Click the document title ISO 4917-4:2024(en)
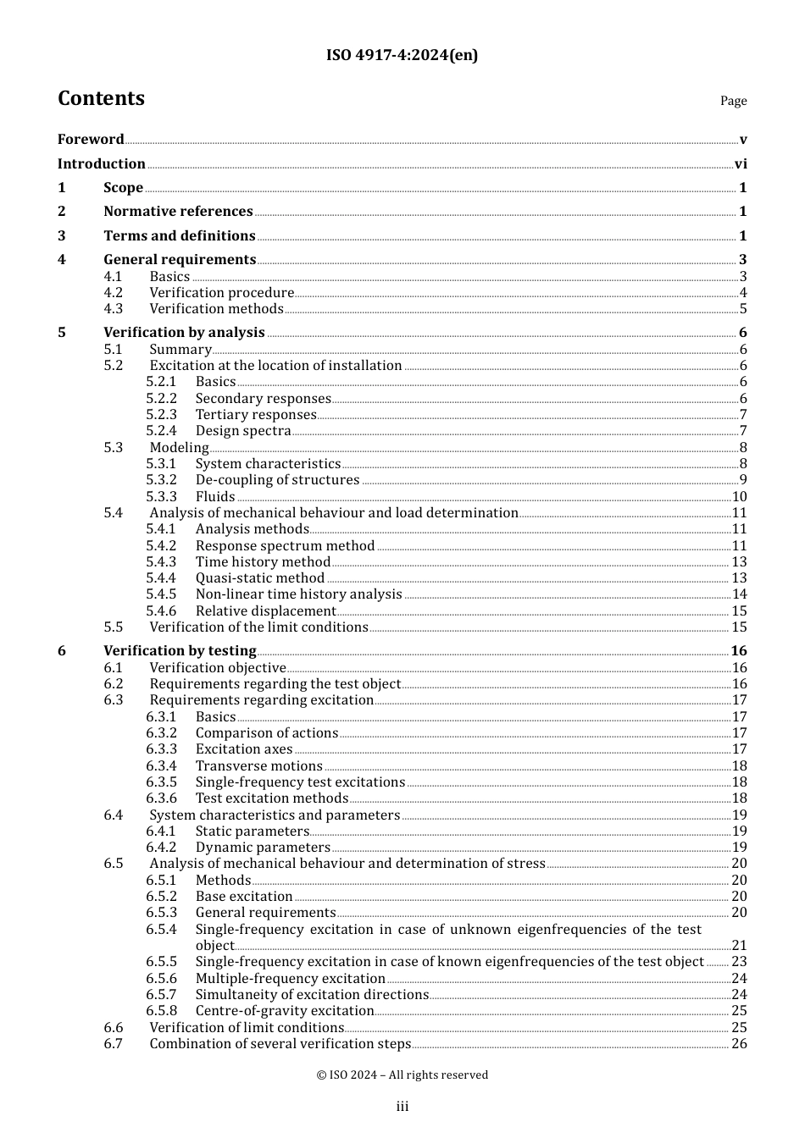[402, 56]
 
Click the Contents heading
[101, 99]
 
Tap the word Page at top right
[733, 101]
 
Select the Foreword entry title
[91, 140]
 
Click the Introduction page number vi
[741, 164]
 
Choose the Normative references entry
[178, 212]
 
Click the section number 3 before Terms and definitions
[61, 236]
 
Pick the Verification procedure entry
[221, 293]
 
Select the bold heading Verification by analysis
[184, 333]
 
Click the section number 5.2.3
[161, 415]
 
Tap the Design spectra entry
[243, 431]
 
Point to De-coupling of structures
[277, 480]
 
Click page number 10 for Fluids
[739, 497]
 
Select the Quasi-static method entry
[260, 578]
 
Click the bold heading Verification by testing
[180, 651]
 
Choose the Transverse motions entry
[258, 766]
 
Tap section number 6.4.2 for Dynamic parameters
[161, 848]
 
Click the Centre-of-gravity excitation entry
[285, 1011]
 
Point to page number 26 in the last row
[739, 1044]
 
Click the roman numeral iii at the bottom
[402, 1107]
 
